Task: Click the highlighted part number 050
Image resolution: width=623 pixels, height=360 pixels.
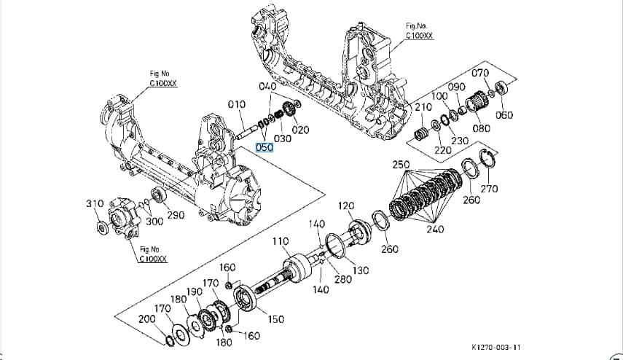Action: point(265,147)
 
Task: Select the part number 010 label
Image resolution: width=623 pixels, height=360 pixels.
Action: point(237,104)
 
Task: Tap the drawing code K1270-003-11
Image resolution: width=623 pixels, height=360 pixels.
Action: point(496,347)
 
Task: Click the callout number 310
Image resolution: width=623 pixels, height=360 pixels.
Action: point(95,204)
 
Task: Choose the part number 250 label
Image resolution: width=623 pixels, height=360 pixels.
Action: point(401,165)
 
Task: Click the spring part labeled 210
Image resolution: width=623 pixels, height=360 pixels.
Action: point(420,134)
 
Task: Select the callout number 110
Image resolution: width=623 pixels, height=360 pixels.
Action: point(281,241)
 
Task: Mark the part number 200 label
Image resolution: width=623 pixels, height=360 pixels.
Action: point(147,318)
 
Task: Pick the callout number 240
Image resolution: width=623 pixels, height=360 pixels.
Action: point(435,229)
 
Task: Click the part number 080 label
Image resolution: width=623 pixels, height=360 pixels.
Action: point(481,128)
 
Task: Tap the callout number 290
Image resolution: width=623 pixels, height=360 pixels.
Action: point(176,215)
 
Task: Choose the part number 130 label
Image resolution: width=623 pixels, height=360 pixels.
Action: point(361,270)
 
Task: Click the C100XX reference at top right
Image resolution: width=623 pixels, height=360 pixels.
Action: point(419,36)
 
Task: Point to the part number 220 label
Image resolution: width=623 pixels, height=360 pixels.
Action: point(442,150)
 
